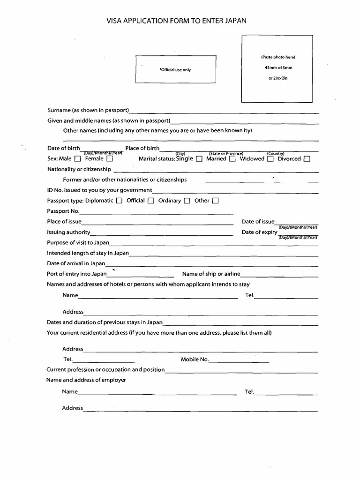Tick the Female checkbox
click(110, 159)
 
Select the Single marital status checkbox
click(199, 159)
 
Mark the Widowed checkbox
click(270, 159)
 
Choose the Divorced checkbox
click(307, 159)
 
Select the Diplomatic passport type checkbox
click(119, 201)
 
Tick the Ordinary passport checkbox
click(187, 201)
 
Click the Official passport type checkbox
click(151, 201)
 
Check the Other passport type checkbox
click(216, 201)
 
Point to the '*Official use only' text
click(175, 70)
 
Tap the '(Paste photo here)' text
click(278, 57)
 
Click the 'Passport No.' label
click(63, 211)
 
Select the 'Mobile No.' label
click(195, 360)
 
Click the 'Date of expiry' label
click(259, 232)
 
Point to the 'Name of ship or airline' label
click(211, 274)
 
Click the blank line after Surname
click(224, 112)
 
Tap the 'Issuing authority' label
click(68, 232)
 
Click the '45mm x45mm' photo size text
click(278, 68)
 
